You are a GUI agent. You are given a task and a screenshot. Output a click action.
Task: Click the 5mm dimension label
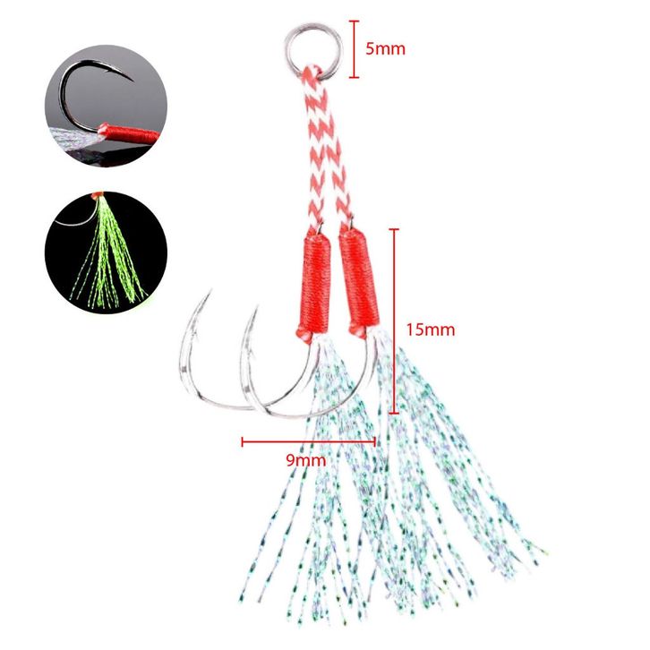tap(385, 48)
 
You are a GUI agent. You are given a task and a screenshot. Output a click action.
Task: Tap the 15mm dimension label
tap(430, 329)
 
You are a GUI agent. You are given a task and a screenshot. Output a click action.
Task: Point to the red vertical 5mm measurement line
tap(355, 49)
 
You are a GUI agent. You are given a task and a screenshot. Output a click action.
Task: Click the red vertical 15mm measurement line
tap(394, 321)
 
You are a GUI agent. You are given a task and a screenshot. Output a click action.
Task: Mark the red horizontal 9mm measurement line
tap(308, 440)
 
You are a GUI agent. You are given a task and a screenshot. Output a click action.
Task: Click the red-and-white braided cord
tap(321, 143)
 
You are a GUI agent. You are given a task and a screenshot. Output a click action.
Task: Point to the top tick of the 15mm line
tap(394, 229)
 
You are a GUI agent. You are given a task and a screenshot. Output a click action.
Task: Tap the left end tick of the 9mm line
tap(243, 440)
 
